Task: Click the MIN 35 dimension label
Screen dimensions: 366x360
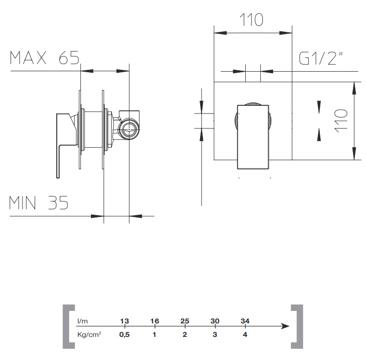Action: point(39,203)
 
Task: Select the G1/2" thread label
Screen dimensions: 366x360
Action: point(321,58)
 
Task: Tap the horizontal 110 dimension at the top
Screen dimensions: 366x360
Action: point(252,20)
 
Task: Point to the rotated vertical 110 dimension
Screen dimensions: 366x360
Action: point(341,121)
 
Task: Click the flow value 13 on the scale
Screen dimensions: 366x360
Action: point(125,321)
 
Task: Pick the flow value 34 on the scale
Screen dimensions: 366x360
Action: point(245,321)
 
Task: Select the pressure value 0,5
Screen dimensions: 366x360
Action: point(125,334)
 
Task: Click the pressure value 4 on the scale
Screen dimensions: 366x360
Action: point(245,334)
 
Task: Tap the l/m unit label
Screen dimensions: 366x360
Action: point(82,321)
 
